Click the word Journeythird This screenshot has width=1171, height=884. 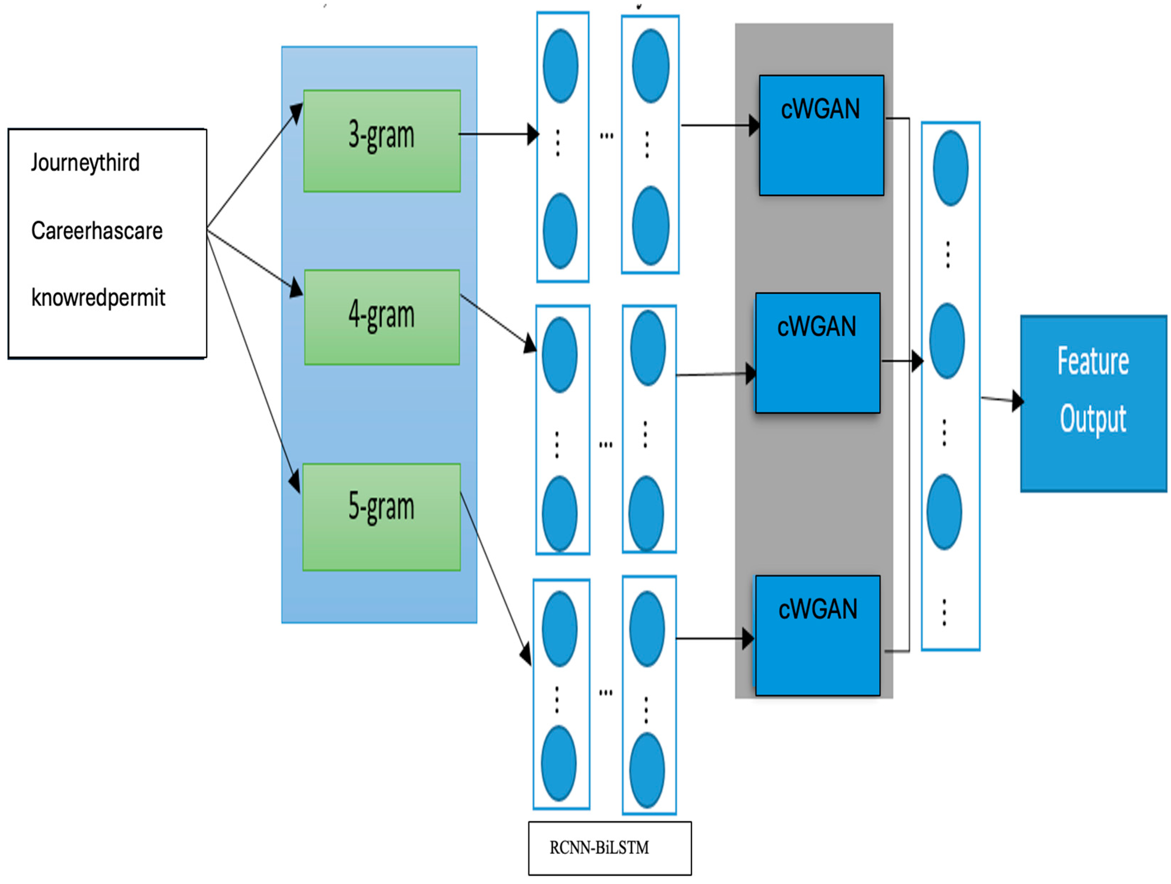pos(85,162)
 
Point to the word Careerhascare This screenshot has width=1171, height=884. pos(97,231)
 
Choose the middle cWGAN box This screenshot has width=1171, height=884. pos(817,353)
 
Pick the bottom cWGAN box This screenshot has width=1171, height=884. pos(817,635)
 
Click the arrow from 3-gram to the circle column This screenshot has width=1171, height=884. pos(498,134)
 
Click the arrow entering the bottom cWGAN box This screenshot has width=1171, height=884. pos(715,638)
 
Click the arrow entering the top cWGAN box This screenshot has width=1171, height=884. pos(720,126)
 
